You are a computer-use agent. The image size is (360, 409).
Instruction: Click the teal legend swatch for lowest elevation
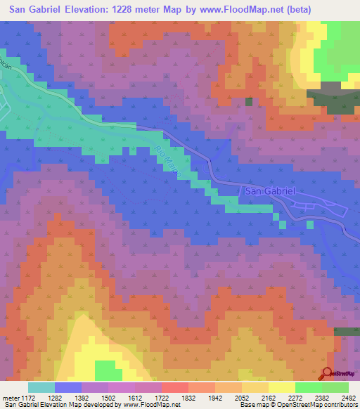click(41, 387)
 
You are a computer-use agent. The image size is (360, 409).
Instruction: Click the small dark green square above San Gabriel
click(248, 102)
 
